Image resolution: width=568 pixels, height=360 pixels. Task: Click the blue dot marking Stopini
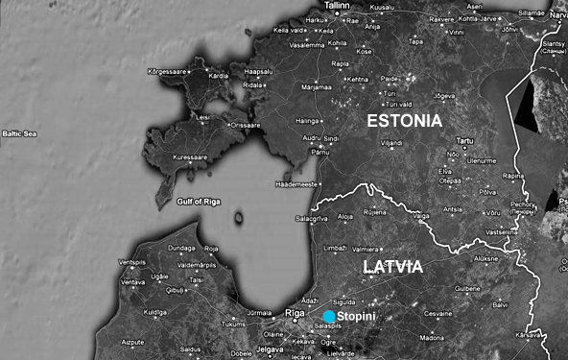point(329,316)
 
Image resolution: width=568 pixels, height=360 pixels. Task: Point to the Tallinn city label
point(337,6)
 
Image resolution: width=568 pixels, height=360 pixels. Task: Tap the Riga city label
point(296,314)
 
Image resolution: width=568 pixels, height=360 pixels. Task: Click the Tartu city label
point(465,141)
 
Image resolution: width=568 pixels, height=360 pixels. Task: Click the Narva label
point(558,15)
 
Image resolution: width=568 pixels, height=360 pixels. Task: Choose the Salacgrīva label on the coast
point(311,219)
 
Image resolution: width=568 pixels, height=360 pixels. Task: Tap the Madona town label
point(431,338)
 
